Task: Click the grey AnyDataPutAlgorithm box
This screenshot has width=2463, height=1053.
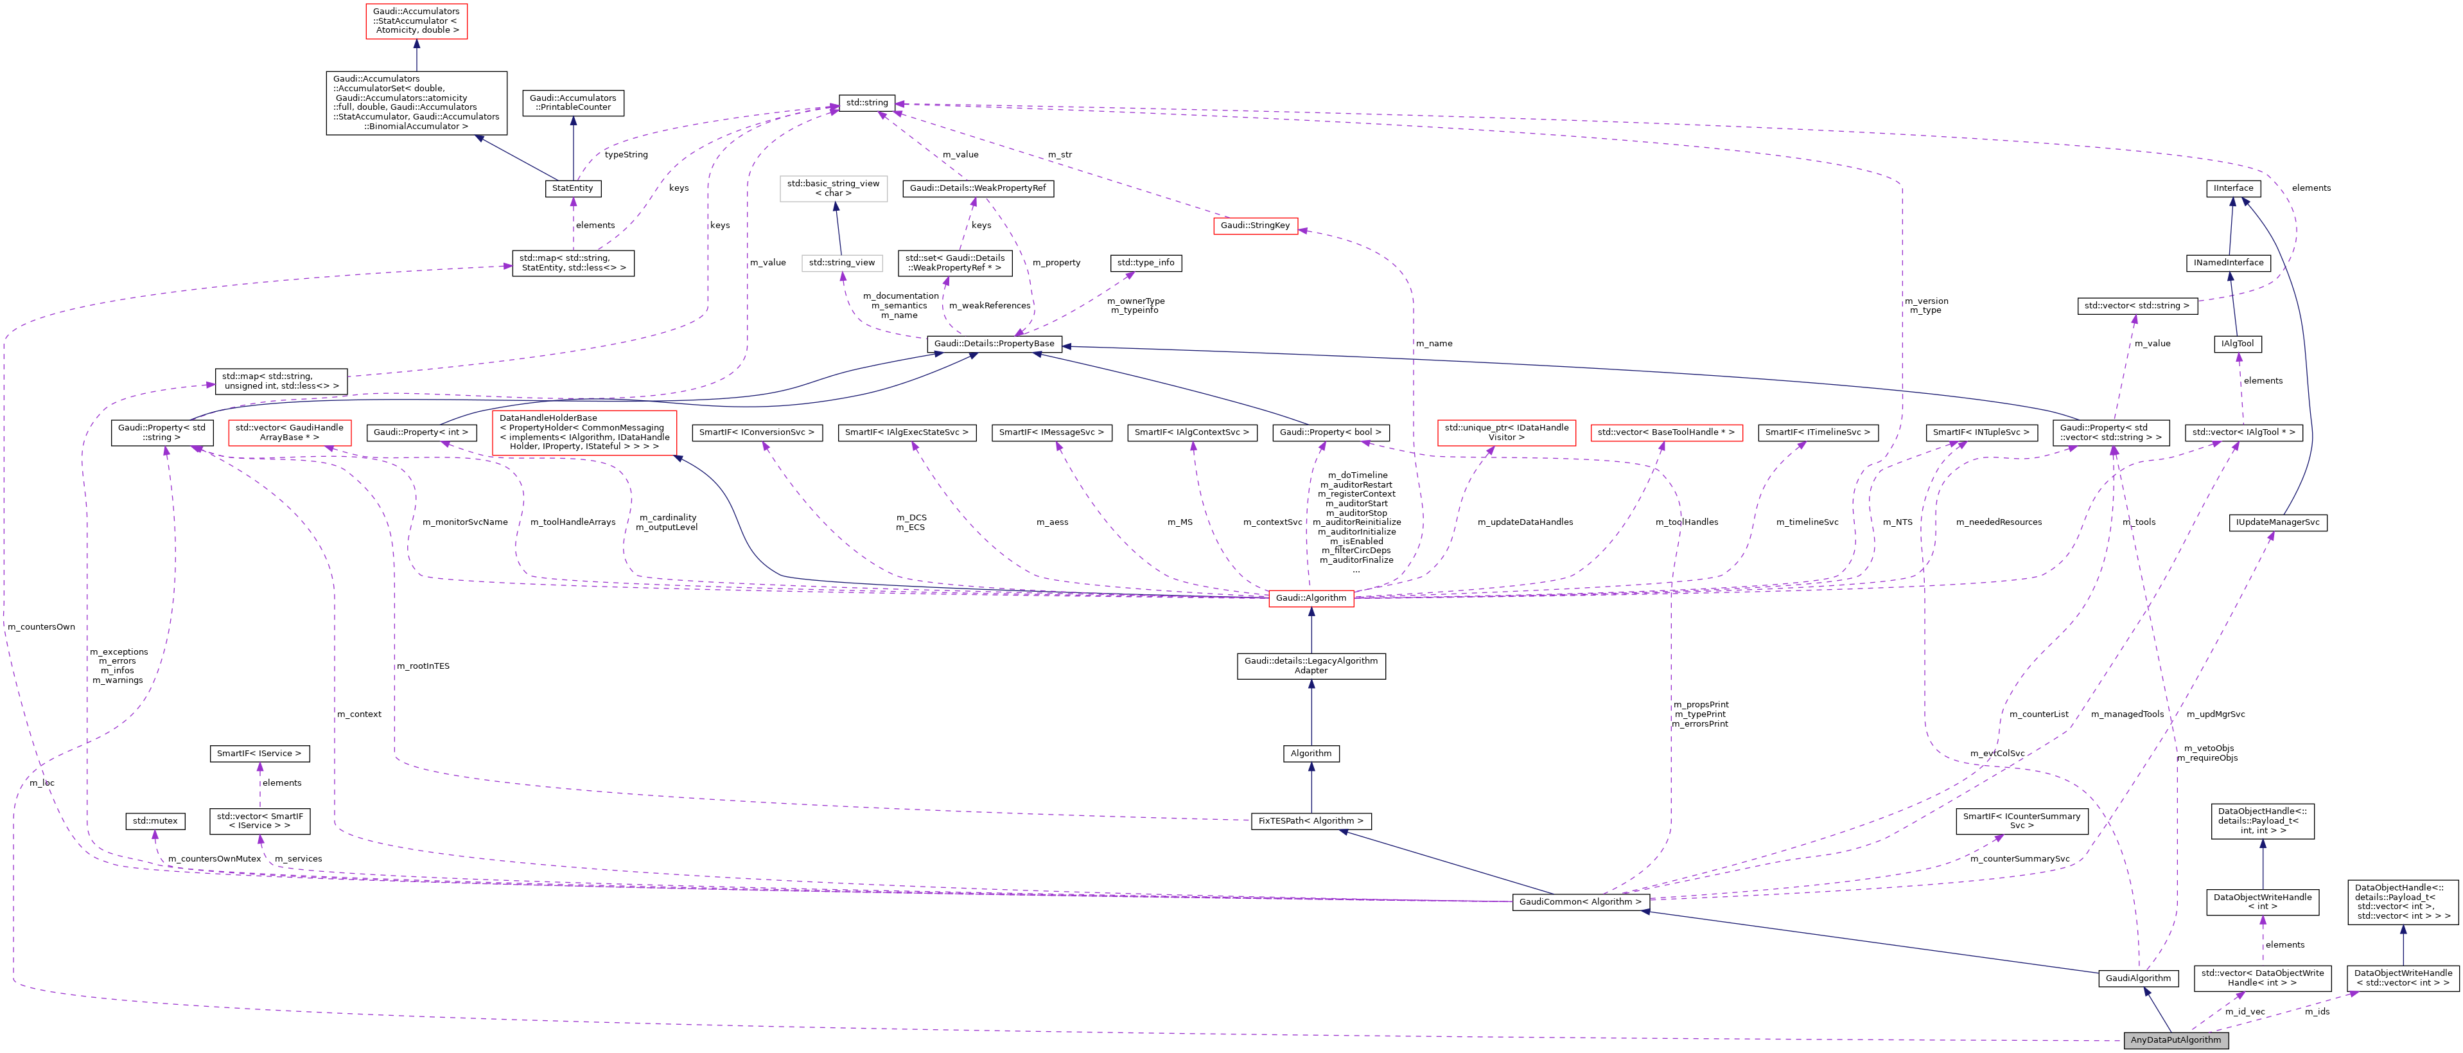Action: tap(2175, 1040)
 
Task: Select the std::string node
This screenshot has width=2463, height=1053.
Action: tap(866, 102)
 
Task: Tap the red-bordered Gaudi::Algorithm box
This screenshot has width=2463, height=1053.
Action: tap(1310, 597)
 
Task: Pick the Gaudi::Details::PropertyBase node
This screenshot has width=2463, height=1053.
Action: tap(994, 343)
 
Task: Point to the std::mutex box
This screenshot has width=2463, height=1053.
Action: tap(155, 820)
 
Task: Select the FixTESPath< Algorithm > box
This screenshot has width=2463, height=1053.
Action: tap(1310, 820)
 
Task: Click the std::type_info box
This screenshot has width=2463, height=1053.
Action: tap(1146, 262)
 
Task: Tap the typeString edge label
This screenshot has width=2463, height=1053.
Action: tap(626, 155)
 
